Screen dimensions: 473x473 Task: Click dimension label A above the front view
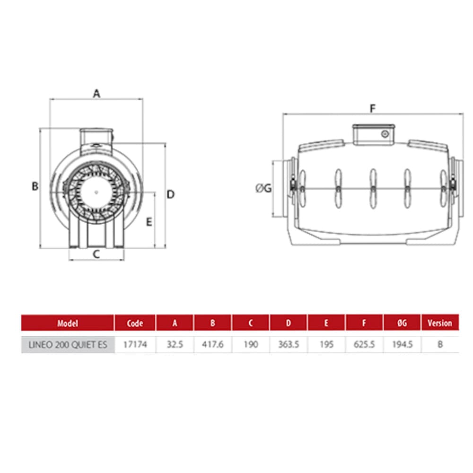point(96,94)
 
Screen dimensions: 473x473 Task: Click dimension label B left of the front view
point(35,186)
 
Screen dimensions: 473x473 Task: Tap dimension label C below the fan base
point(96,254)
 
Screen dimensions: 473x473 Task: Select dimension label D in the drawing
point(171,194)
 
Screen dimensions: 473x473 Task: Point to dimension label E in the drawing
point(149,221)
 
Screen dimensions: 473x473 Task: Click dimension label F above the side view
point(373,109)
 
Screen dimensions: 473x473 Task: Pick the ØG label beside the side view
point(263,188)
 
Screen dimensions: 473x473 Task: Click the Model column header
point(67,324)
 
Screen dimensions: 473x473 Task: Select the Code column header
point(135,324)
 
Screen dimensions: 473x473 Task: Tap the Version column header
point(439,324)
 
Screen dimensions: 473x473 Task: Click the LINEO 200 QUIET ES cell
point(67,345)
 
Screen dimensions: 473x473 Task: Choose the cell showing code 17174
point(135,345)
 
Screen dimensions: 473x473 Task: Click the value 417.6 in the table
point(212,345)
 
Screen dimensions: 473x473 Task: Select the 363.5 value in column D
point(289,345)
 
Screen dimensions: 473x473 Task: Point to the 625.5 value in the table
point(364,345)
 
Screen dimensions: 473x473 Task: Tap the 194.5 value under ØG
point(402,345)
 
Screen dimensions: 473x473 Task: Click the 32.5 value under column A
point(175,345)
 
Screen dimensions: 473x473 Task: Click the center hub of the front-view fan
point(96,192)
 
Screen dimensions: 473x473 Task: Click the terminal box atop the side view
point(374,134)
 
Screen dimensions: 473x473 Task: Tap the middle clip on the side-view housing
point(373,188)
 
